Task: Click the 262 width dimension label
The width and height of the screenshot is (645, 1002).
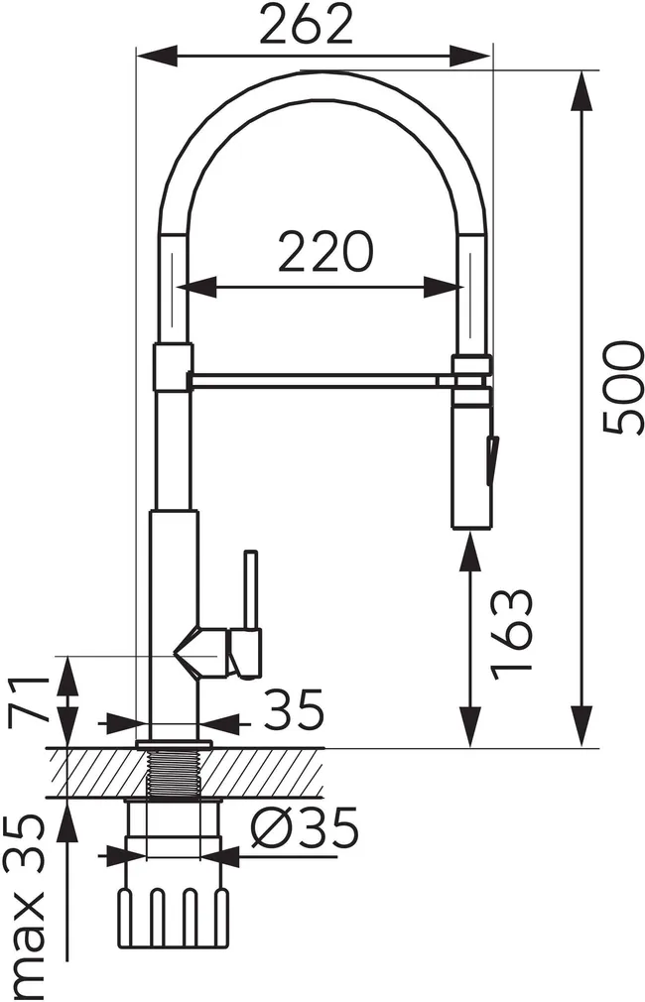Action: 307,24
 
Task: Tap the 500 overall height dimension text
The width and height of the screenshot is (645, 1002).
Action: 622,388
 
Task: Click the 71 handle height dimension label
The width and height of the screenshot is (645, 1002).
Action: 29,697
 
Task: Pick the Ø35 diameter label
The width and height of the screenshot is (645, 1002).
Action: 305,828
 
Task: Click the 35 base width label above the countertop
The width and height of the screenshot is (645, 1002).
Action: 293,709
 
